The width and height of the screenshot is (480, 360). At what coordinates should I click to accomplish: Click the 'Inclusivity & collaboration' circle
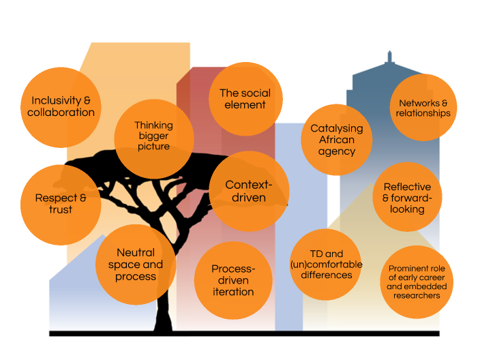point(61,107)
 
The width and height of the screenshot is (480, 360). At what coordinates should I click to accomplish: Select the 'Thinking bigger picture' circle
point(153,136)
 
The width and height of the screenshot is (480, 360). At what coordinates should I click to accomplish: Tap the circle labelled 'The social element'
point(245,99)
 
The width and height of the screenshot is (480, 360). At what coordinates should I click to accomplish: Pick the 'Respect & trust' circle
point(61,204)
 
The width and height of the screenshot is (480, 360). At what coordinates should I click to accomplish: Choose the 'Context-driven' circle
point(248,192)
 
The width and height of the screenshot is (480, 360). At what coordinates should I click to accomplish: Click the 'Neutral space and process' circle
point(135,265)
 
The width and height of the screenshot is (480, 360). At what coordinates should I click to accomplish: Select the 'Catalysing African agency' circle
point(336,140)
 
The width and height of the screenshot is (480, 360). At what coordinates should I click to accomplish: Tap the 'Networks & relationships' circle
point(423,108)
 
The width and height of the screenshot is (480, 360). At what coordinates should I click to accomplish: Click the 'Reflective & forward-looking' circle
point(407,198)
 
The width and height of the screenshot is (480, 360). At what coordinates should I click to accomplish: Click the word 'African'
point(337,140)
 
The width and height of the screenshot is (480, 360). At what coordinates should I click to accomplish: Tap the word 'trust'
point(61,210)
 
